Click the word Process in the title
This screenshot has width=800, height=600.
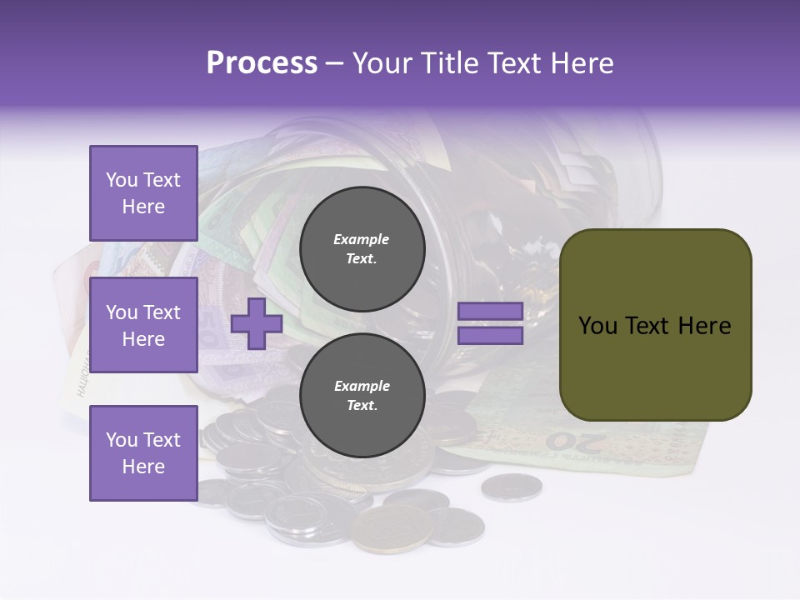click(262, 63)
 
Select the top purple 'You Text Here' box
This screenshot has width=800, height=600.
click(143, 193)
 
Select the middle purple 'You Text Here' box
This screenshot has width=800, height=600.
click(143, 325)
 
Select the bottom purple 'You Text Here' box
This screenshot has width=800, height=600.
click(143, 452)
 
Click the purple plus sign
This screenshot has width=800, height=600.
click(257, 323)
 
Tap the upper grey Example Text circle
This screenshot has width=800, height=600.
click(362, 248)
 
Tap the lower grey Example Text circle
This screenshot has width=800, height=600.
click(362, 395)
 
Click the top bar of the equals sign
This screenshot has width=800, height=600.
click(490, 312)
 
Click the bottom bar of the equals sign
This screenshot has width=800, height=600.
click(490, 336)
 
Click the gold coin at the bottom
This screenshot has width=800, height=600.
click(392, 528)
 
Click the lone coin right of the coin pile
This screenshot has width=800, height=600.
click(511, 487)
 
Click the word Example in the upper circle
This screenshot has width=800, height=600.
click(362, 239)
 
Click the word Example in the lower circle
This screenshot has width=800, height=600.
click(362, 386)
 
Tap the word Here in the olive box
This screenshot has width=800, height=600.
click(705, 326)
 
